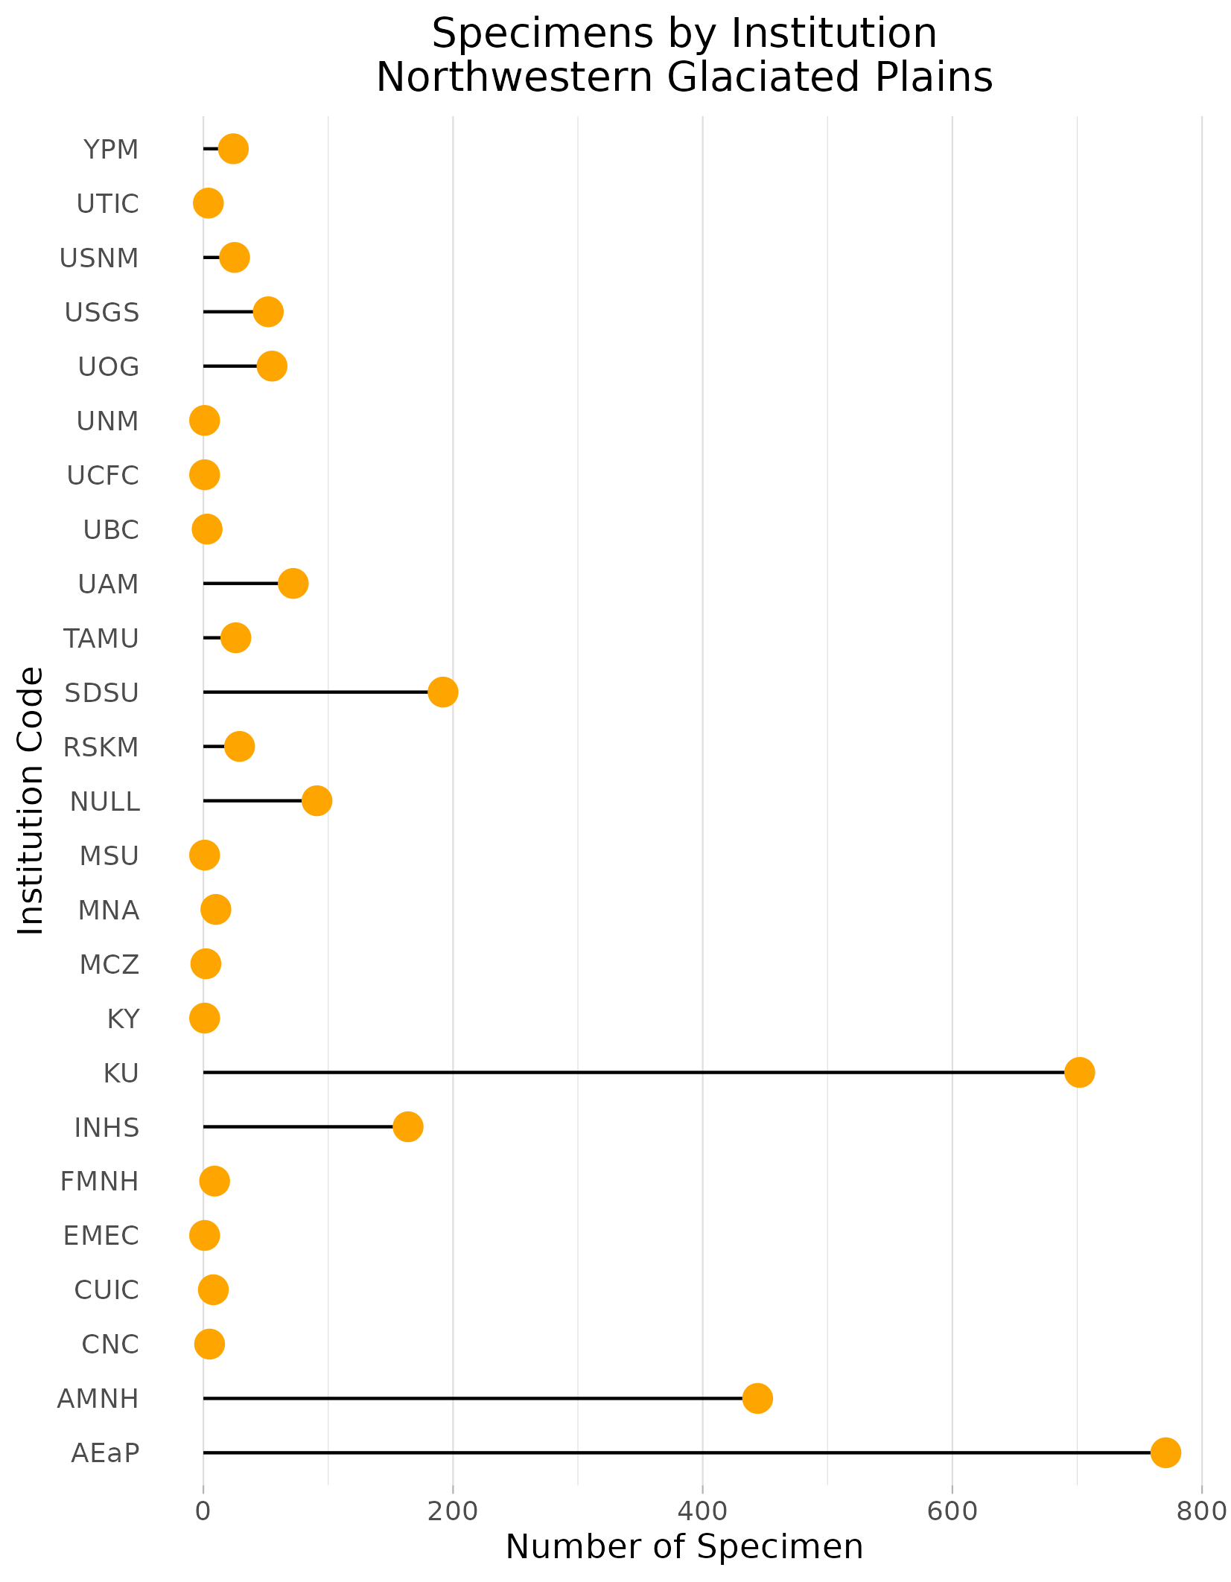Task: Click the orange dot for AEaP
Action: coord(1165,1452)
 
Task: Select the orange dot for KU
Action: coord(1079,1072)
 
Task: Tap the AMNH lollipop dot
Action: coord(757,1398)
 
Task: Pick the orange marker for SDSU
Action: coord(443,692)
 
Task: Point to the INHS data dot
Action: coord(408,1126)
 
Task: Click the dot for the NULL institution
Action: coord(317,800)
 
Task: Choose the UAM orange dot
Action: coord(293,583)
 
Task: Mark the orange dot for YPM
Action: coord(234,148)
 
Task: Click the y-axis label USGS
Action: coord(102,312)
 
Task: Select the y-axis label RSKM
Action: coord(101,747)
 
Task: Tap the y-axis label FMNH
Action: coord(100,1181)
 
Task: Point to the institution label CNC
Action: coord(109,1345)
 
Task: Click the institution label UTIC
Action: coord(107,203)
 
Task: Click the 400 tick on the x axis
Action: coord(702,1511)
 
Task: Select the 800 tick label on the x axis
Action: coord(1201,1511)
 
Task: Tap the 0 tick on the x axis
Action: coord(203,1511)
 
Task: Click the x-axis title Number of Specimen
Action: coord(684,1546)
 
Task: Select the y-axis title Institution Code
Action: coord(31,800)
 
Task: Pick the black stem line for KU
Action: coord(633,1072)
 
